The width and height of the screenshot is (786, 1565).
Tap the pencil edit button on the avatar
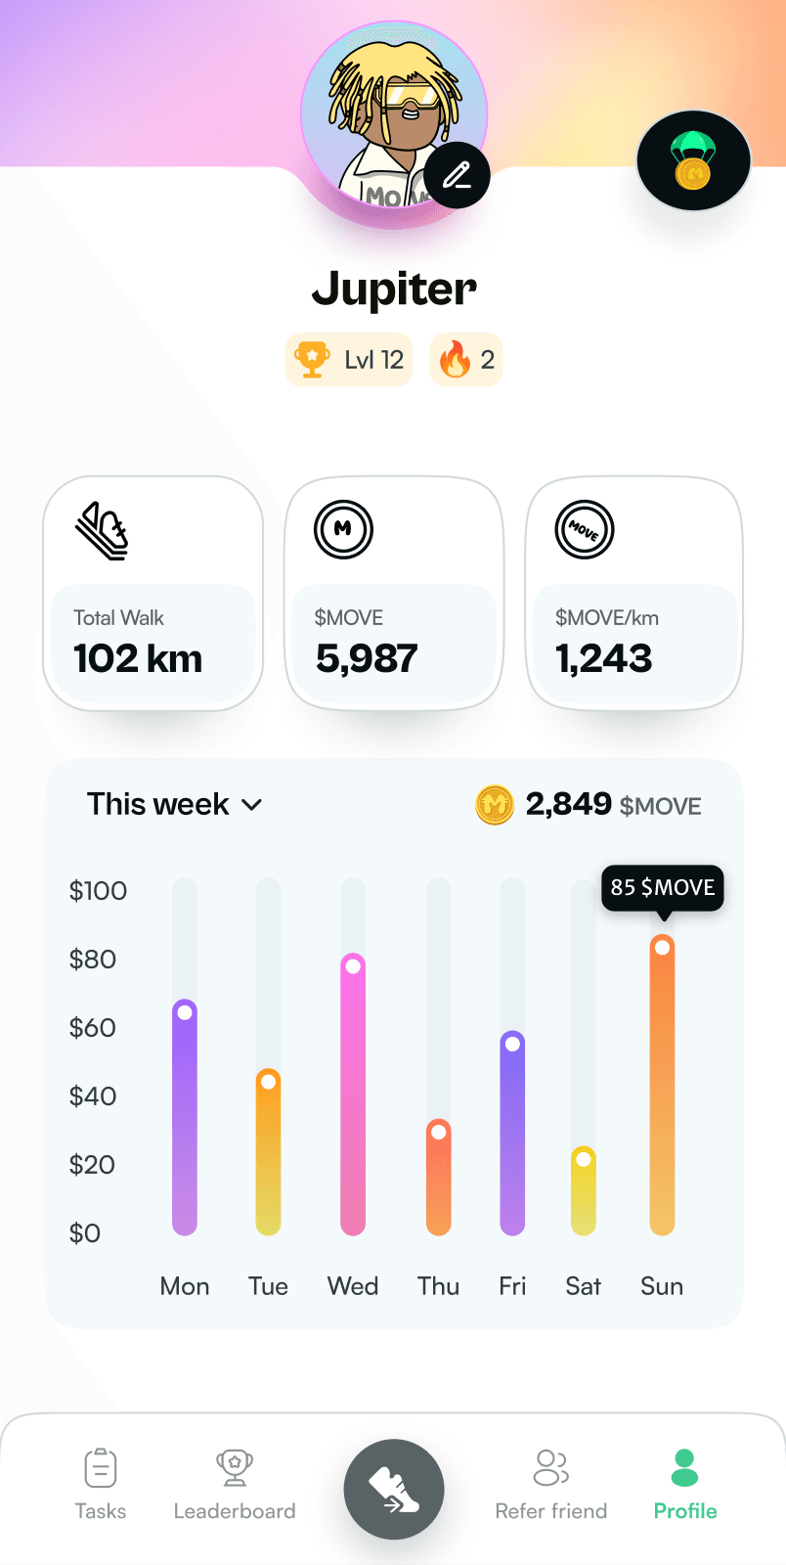tap(457, 175)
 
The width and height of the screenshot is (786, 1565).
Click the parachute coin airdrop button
tap(693, 161)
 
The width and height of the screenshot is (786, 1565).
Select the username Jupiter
tap(394, 289)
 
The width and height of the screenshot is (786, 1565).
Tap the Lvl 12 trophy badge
tap(349, 360)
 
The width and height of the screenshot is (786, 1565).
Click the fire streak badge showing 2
tap(466, 360)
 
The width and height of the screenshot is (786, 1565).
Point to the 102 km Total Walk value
tap(138, 658)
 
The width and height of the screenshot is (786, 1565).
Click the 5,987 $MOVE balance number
tap(367, 658)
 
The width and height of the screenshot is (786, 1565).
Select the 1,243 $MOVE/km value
tap(603, 658)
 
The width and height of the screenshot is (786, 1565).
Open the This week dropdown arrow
tap(251, 805)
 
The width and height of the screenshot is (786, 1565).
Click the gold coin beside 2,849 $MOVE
tap(495, 805)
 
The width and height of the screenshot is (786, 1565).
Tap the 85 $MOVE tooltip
tap(662, 887)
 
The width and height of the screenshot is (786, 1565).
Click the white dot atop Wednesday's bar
tap(353, 966)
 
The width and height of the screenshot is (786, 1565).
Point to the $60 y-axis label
tap(93, 1027)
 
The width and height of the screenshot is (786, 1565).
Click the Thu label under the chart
tap(438, 1286)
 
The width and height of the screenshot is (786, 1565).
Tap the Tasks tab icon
tap(101, 1467)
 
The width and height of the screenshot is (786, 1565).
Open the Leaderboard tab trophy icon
tap(235, 1467)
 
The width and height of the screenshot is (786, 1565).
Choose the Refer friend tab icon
tap(551, 1467)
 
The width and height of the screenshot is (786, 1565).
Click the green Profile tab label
tap(685, 1511)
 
